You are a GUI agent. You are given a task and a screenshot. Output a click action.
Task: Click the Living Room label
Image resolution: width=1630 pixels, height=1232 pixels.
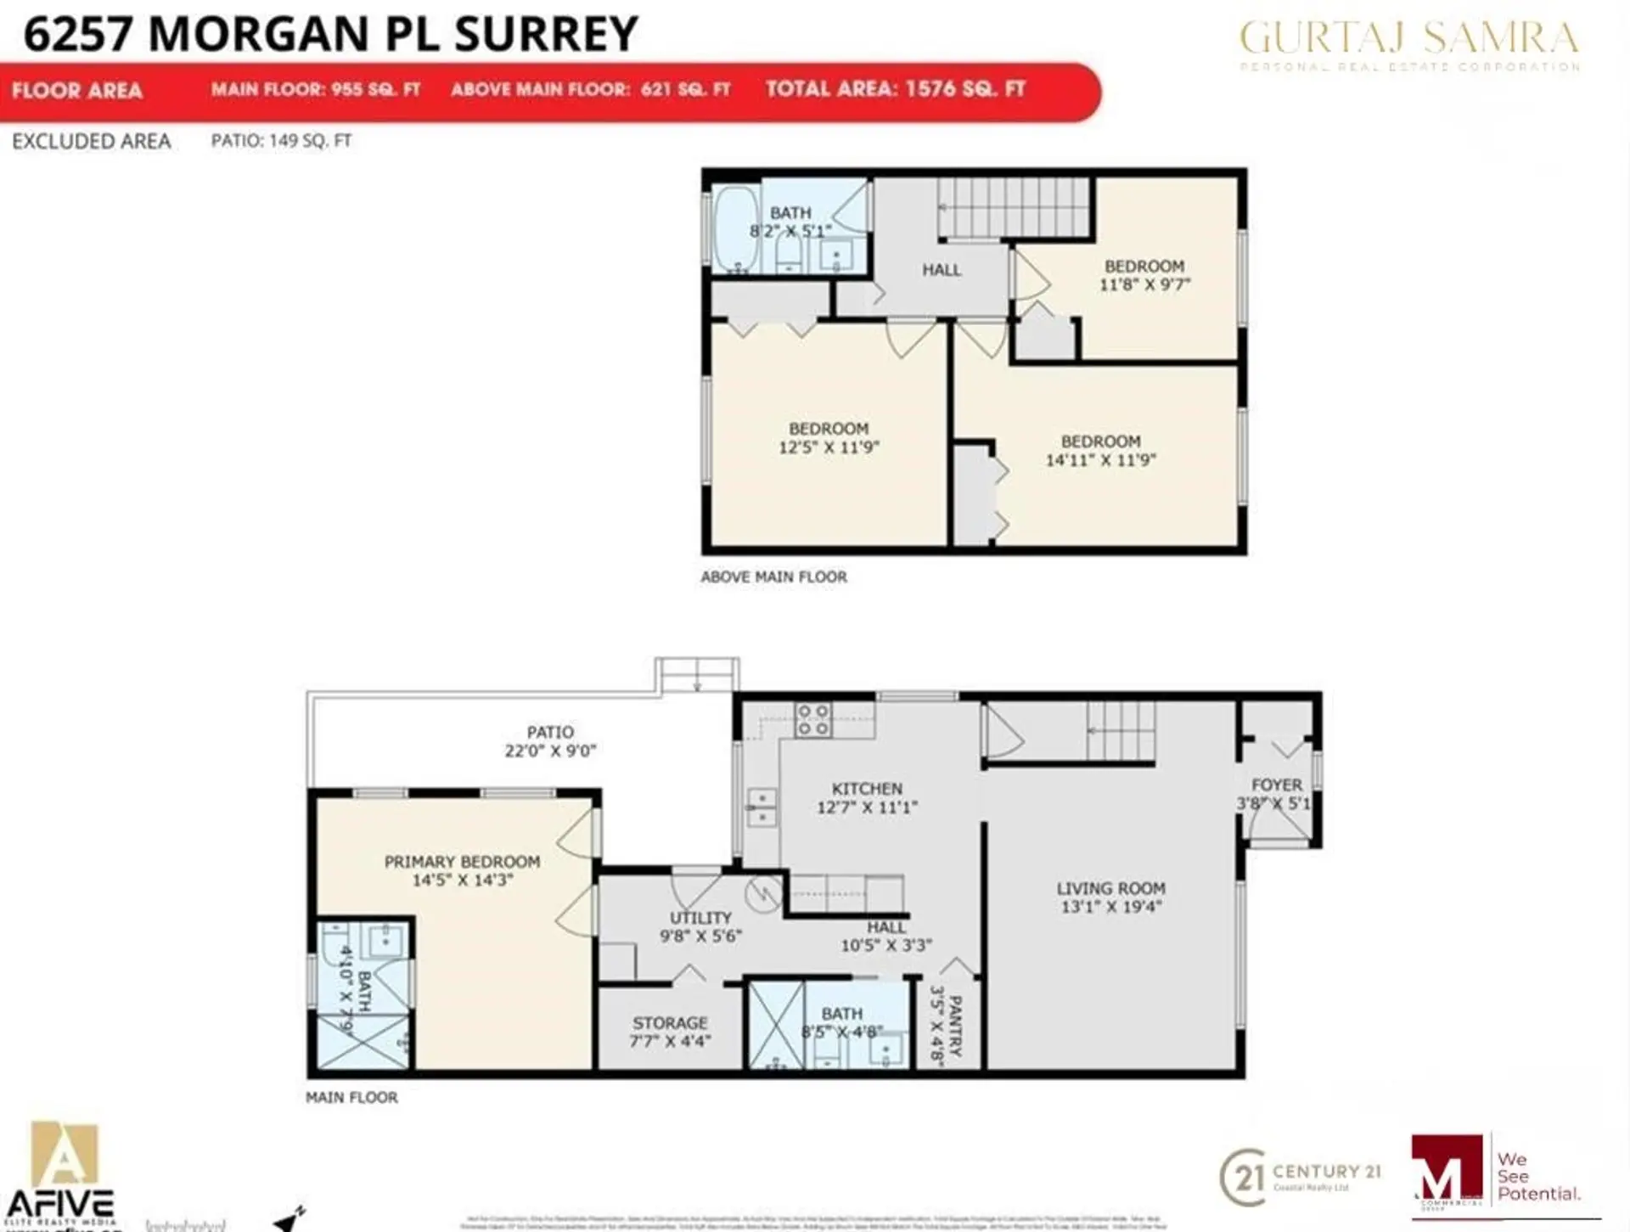[x=1110, y=888]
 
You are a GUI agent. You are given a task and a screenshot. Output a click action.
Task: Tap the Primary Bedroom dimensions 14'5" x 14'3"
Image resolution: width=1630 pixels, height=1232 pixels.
[x=462, y=880]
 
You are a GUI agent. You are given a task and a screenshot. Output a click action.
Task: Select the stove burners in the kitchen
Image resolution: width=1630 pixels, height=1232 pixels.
[x=812, y=720]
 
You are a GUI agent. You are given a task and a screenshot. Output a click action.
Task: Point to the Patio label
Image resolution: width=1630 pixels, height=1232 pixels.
[x=550, y=732]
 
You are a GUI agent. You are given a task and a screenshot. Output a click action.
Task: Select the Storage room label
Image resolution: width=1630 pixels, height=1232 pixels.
[x=669, y=1023]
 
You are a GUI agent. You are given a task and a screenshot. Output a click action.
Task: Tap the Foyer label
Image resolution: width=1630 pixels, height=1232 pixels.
[x=1276, y=785]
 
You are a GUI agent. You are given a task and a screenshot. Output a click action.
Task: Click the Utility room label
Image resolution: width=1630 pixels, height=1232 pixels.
[x=700, y=918]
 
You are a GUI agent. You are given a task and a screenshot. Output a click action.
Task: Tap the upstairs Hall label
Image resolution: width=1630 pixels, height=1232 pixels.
[x=941, y=270]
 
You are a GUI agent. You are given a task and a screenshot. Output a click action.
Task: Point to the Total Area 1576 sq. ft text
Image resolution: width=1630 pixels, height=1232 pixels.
[x=896, y=89]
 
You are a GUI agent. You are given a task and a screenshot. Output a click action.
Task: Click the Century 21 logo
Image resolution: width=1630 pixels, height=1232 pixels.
[x=1300, y=1177]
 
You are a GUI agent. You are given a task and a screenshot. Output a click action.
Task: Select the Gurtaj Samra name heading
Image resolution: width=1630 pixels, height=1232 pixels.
[x=1409, y=38]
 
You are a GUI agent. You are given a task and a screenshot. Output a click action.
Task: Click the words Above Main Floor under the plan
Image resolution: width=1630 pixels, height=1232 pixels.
[x=773, y=577]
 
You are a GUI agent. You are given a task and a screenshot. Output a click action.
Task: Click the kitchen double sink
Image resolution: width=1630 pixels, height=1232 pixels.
[x=762, y=807]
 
